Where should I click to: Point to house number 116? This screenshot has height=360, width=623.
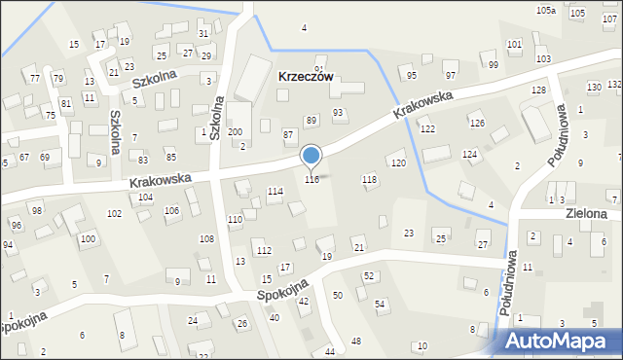pyautogui.click(x=311, y=179)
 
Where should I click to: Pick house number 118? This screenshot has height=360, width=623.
pyautogui.click(x=369, y=179)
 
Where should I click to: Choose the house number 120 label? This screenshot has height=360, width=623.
pyautogui.click(x=398, y=162)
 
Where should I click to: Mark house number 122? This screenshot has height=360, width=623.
pyautogui.click(x=427, y=129)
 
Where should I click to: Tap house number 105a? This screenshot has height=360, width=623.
pyautogui.click(x=546, y=10)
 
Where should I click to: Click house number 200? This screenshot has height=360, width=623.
pyautogui.click(x=235, y=131)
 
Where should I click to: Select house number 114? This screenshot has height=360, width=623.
pyautogui.click(x=275, y=191)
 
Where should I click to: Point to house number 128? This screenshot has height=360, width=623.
pyautogui.click(x=538, y=90)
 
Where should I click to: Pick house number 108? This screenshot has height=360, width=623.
pyautogui.click(x=206, y=238)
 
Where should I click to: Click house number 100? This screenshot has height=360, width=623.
pyautogui.click(x=88, y=238)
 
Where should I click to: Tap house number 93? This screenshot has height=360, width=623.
pyautogui.click(x=338, y=113)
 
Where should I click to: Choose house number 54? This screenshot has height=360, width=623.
pyautogui.click(x=381, y=305)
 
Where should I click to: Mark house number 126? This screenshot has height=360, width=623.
pyautogui.click(x=476, y=123)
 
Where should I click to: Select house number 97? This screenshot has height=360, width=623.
pyautogui.click(x=451, y=75)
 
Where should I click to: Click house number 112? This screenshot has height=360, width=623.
pyautogui.click(x=264, y=250)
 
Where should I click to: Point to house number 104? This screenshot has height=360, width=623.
pyautogui.click(x=145, y=197)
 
